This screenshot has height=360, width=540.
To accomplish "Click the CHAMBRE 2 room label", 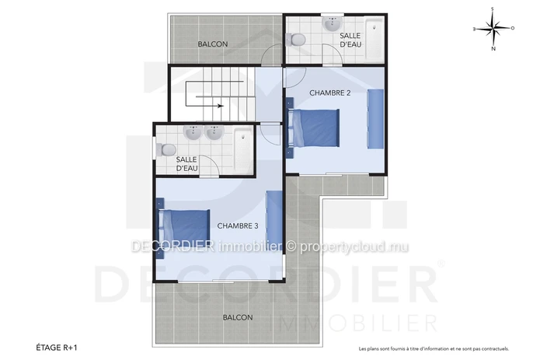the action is (x=330, y=93).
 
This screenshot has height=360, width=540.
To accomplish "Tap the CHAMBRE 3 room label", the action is (x=238, y=225).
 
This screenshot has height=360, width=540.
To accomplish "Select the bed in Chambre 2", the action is (x=313, y=128).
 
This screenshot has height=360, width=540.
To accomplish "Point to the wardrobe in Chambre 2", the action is (x=375, y=119).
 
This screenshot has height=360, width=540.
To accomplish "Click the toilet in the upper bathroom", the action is (x=295, y=40).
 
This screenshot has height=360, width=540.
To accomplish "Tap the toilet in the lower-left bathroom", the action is (x=166, y=149).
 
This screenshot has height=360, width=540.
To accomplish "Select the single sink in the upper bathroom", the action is (x=333, y=24).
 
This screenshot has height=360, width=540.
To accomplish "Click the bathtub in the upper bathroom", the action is (x=374, y=40).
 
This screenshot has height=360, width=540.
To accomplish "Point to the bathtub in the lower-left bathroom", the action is (x=243, y=150).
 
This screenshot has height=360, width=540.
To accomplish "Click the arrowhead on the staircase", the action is (x=221, y=106).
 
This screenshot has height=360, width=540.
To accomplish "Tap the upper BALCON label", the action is (x=212, y=44).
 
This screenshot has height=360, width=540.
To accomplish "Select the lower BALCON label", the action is (x=238, y=317).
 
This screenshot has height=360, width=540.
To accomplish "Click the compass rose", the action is (x=493, y=29).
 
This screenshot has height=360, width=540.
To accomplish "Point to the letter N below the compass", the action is (x=493, y=48).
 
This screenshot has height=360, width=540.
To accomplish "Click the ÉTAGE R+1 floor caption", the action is (x=57, y=348).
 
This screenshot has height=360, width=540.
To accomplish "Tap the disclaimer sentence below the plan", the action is (x=434, y=349).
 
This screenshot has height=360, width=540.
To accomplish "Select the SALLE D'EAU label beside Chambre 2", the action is (x=350, y=40).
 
